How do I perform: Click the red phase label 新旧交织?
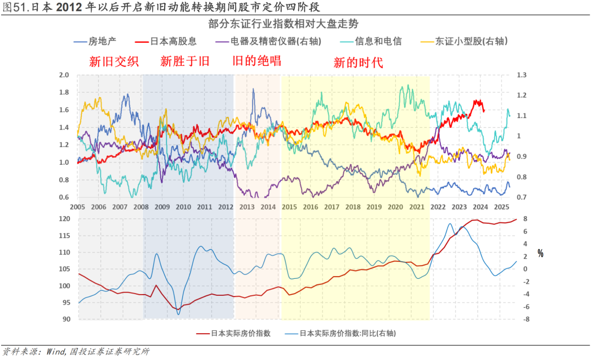(114, 61)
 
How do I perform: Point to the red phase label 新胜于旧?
(185, 61)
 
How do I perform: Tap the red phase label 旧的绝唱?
(257, 60)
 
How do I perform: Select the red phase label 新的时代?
(358, 62)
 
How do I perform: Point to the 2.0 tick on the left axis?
(64, 75)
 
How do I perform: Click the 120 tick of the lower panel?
(65, 219)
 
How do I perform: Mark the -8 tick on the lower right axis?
(525, 319)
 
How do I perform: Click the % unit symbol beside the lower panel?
(540, 254)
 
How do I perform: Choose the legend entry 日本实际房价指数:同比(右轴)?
(347, 333)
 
